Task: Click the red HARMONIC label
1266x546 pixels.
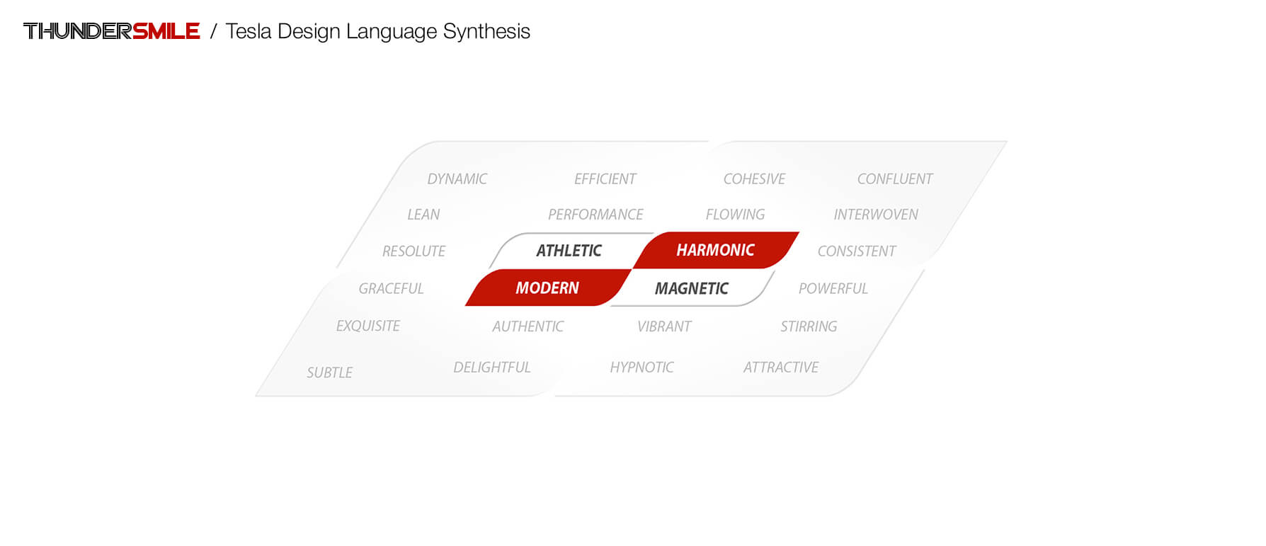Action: [716, 250]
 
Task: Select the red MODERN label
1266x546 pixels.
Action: [547, 288]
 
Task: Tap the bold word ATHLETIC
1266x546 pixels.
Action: [569, 251]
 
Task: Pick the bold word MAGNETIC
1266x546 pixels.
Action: [692, 289]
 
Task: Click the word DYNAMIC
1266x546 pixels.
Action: [457, 179]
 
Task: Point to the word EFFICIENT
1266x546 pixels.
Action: [605, 179]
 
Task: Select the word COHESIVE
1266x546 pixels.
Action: [755, 179]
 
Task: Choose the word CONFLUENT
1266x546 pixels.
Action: [895, 179]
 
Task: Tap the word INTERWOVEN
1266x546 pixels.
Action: [876, 215]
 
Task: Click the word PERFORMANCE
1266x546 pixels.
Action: [595, 215]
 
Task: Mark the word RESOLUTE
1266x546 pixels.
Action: [414, 251]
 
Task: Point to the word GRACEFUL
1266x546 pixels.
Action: [391, 289]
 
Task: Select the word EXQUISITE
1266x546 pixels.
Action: [368, 326]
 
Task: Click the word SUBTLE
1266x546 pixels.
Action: [330, 372]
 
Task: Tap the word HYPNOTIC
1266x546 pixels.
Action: [642, 368]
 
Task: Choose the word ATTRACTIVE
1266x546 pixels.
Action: [781, 368]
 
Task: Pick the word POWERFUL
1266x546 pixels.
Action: [833, 289]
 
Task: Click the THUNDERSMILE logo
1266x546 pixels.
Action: [112, 31]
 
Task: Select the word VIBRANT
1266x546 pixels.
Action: [664, 326]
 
